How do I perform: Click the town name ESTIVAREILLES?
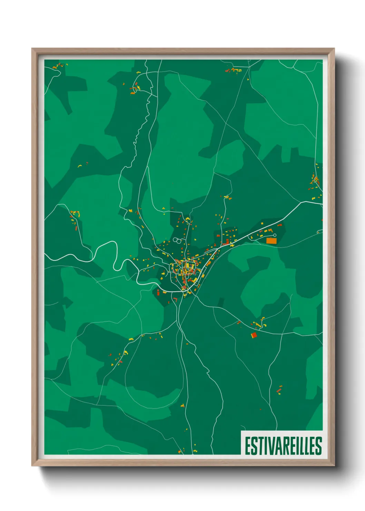[283, 446]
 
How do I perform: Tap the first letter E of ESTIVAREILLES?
[248, 446]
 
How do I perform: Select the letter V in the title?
[270, 446]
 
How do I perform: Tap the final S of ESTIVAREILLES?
[319, 446]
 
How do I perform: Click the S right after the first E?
[254, 446]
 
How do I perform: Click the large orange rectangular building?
[272, 241]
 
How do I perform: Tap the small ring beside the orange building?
[275, 235]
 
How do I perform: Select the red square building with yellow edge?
[254, 335]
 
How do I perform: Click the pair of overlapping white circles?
[177, 240]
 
